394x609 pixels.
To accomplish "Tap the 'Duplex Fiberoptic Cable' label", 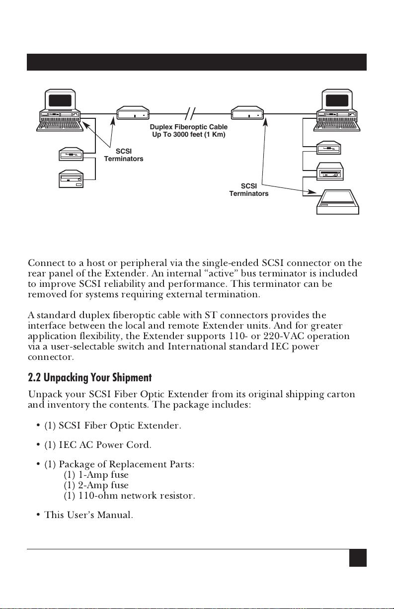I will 189,128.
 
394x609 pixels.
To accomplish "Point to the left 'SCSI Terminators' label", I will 123,155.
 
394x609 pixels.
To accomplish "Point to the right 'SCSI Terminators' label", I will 249,190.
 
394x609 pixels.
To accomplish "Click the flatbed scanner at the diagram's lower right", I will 338,202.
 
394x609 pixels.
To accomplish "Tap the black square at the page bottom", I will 358,557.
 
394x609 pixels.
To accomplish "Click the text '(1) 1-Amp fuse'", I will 96,475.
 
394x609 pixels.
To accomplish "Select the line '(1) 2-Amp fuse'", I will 96,485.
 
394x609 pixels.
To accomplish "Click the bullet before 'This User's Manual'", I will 38,516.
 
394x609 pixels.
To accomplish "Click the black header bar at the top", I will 197,62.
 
